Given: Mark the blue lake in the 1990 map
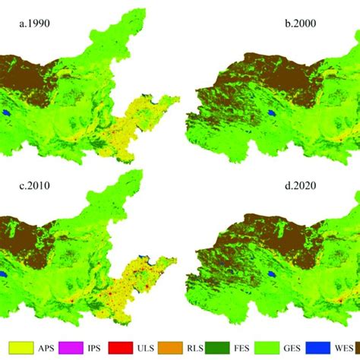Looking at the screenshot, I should tap(7, 115).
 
